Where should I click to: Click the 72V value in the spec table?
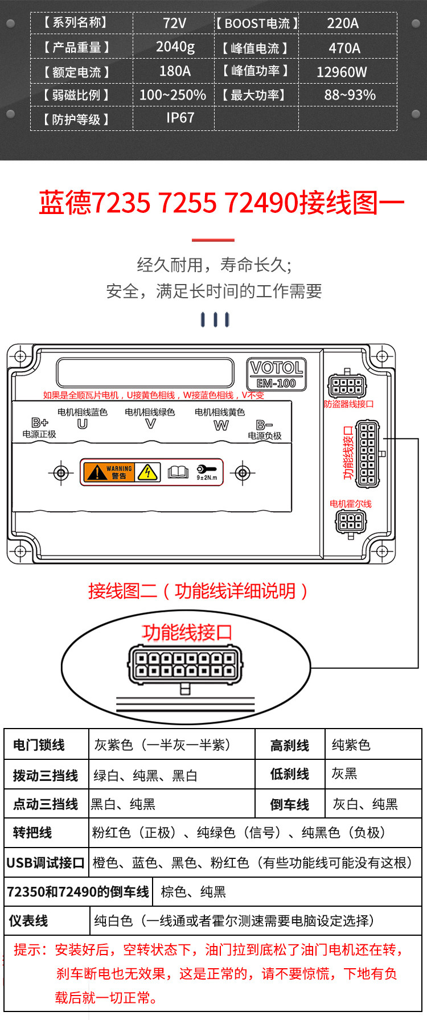point(174,23)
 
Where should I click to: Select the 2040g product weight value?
point(175,47)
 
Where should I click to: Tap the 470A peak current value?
point(344,48)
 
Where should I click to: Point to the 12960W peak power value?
point(342,72)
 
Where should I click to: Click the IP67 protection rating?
point(180,118)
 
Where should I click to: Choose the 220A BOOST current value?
point(343,23)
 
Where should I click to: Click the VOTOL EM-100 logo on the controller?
point(277,374)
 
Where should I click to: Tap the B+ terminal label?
point(40,422)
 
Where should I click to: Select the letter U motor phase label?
point(83,424)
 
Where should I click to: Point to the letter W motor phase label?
point(221,425)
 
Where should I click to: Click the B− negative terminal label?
point(264,425)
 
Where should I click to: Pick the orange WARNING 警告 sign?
point(108,472)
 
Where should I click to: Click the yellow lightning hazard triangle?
point(147,472)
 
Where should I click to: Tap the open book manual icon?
point(178,472)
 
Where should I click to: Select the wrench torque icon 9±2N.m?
point(206,472)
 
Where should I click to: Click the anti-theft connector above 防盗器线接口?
point(347,386)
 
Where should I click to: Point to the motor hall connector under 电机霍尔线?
point(350,521)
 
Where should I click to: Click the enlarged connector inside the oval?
point(185,665)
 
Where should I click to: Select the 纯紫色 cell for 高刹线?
point(351,745)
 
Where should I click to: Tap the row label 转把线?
point(32,833)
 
